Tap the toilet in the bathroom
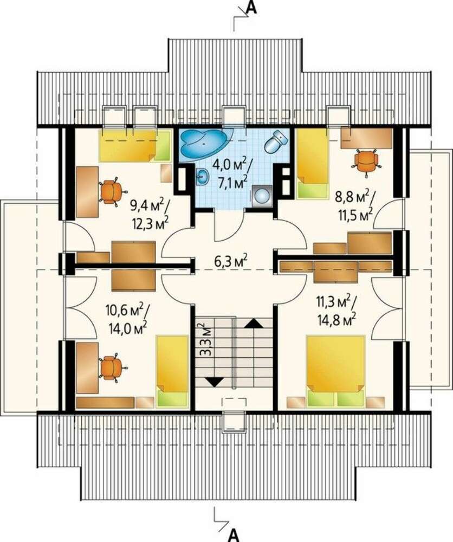point(276,141)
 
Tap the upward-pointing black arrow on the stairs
point(254,323)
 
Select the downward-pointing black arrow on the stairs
point(213,382)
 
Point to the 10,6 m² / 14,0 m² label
point(127,319)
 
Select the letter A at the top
point(253,8)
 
